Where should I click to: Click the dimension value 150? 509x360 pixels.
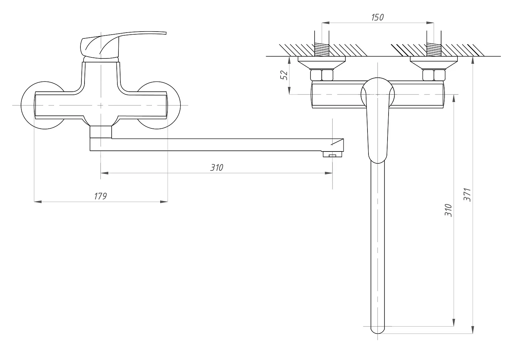pos(377,17)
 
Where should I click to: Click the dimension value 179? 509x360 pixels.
pos(100,196)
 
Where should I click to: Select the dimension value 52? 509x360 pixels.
pos(284,75)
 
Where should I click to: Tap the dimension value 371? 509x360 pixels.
pos(467,195)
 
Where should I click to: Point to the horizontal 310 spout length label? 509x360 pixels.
pos(216,168)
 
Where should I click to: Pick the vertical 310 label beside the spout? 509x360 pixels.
pos(448,210)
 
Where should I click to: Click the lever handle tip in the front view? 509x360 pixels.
pos(165,33)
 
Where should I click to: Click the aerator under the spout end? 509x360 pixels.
pos(332,154)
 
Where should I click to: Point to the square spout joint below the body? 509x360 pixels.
pos(101,132)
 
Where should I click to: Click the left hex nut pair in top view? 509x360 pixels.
pos(322,75)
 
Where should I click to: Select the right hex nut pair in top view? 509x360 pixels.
pos(434,75)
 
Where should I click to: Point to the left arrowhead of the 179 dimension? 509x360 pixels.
pos(38,201)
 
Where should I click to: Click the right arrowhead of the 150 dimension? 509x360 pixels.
pos(430,23)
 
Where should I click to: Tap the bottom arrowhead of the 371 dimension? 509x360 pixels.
pos(473,330)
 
